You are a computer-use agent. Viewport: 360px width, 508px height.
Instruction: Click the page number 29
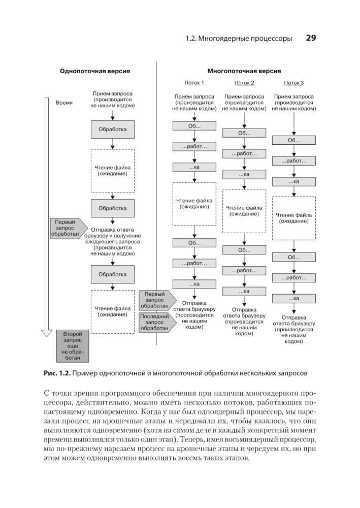[x=311, y=38]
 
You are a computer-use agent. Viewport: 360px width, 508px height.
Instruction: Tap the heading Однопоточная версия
[x=95, y=72]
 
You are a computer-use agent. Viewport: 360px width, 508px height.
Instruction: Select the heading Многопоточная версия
[x=244, y=72]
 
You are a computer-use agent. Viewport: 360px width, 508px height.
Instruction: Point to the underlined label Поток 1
[x=194, y=83]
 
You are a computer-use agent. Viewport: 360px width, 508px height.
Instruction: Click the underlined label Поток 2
[x=244, y=83]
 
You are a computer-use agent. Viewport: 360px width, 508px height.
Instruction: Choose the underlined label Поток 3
[x=294, y=83]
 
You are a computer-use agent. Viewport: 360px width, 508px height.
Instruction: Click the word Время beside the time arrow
[x=64, y=103]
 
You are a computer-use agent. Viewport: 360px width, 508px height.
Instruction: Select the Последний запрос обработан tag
[x=155, y=322]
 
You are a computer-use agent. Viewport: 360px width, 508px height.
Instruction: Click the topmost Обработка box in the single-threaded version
[x=112, y=129]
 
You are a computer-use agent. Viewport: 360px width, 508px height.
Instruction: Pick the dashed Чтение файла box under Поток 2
[x=244, y=211]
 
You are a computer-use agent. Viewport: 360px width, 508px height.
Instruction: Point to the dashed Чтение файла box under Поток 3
[x=294, y=218]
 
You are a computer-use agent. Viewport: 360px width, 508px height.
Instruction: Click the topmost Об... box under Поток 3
[x=294, y=140]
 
